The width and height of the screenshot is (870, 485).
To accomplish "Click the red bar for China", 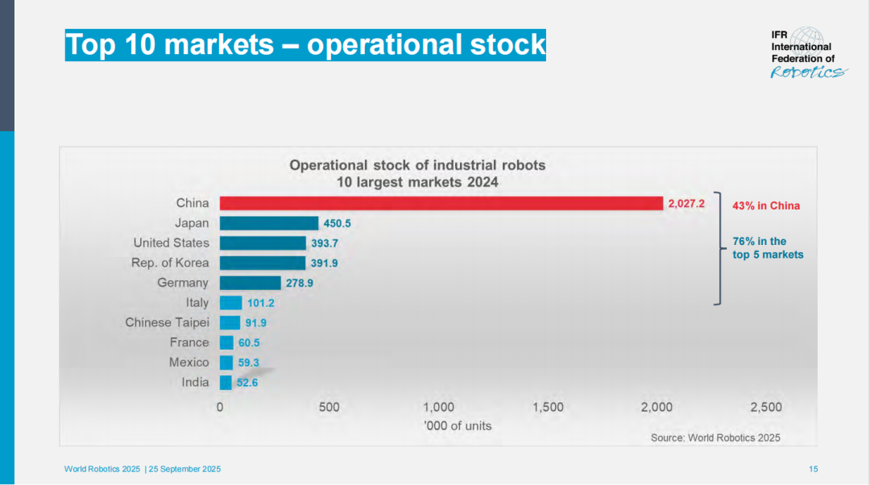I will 441,204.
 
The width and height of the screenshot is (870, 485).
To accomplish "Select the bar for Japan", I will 269,223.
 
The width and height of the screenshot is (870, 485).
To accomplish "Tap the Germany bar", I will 251,283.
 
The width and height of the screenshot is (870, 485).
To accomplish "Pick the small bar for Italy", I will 231,303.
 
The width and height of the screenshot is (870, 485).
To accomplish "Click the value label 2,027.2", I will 686,204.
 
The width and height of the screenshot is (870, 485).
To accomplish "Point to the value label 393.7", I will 327,243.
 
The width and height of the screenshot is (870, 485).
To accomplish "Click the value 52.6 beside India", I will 247,383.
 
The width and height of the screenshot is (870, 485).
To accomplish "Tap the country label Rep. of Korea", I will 170,263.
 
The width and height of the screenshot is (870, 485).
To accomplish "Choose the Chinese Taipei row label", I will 167,322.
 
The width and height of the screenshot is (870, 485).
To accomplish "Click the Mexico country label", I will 188,363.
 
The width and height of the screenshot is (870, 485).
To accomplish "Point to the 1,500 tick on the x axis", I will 548,407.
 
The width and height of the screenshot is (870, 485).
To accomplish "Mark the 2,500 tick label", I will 766,407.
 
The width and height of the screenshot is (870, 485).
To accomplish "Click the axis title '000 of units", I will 458,425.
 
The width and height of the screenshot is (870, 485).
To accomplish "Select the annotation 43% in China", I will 766,205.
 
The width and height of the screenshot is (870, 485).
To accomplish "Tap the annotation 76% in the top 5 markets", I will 768,247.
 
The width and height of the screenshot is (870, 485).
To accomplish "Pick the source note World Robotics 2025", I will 715,437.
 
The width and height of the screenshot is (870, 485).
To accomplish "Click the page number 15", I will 813,469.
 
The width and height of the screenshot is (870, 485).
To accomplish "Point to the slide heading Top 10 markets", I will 305,44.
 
